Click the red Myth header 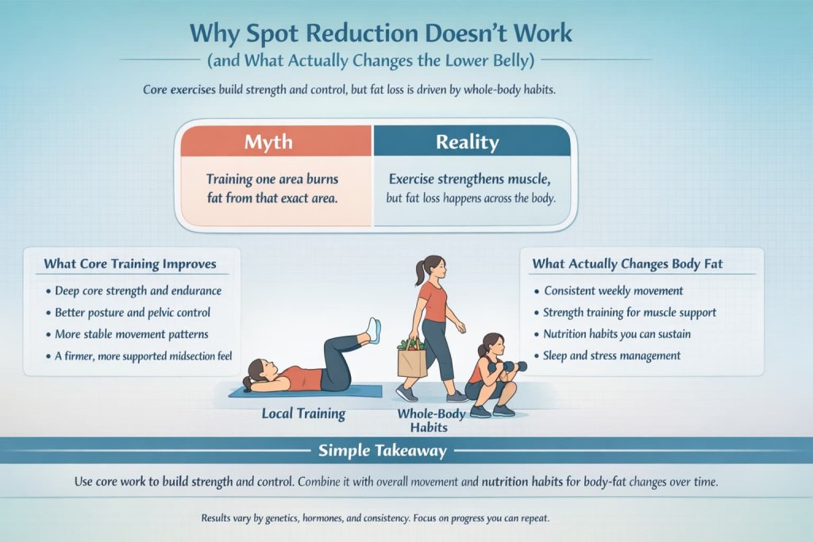pyautogui.click(x=268, y=143)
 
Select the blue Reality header pyautogui.click(x=467, y=143)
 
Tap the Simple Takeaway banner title pyautogui.click(x=383, y=451)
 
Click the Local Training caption pyautogui.click(x=303, y=413)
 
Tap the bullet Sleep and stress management pyautogui.click(x=611, y=356)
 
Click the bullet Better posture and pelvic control pyautogui.click(x=133, y=312)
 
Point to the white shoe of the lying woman pyautogui.click(x=372, y=329)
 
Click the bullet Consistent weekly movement pyautogui.click(x=613, y=291)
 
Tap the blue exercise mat pyautogui.click(x=305, y=392)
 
